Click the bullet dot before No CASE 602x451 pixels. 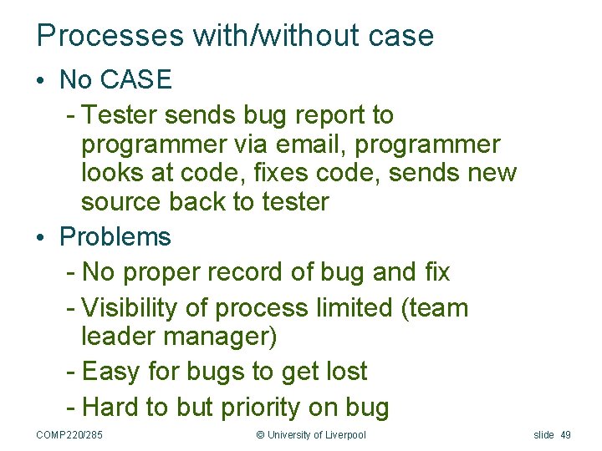[41, 81]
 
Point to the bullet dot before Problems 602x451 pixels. [41, 238]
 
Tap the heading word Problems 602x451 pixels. [115, 237]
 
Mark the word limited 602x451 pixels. [354, 308]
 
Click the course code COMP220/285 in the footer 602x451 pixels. [69, 434]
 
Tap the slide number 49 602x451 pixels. [565, 434]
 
